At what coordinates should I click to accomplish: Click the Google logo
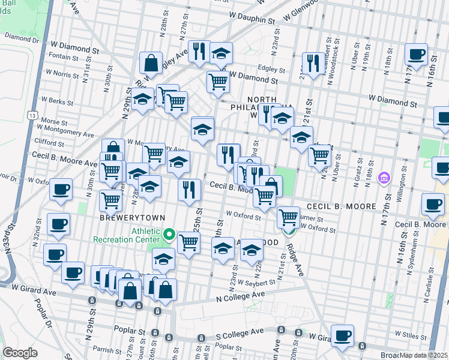click(20, 353)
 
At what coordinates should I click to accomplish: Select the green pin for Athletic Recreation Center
click(170, 234)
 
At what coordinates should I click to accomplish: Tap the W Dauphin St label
click(250, 19)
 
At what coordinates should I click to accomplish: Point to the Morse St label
click(53, 121)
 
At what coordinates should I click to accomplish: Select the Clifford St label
click(50, 143)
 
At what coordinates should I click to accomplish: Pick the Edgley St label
click(270, 68)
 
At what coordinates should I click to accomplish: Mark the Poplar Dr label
click(43, 311)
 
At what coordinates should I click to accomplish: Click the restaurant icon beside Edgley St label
click(313, 63)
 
